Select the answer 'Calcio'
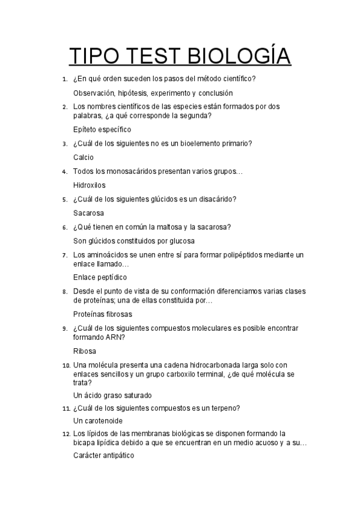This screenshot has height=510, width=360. (84, 157)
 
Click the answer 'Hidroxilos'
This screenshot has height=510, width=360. (90, 185)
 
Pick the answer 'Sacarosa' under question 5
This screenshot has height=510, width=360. (88, 213)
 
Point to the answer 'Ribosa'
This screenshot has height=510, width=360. (85, 351)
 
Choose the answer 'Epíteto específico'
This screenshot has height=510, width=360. (102, 129)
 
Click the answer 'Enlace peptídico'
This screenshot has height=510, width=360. (100, 277)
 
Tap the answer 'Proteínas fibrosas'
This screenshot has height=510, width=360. (103, 314)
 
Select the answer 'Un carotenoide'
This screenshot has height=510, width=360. (97, 420)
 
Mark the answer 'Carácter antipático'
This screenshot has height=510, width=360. (103, 456)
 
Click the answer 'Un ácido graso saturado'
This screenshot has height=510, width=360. (112, 395)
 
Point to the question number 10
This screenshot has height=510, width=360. (66, 365)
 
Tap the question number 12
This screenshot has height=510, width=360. (66, 433)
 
